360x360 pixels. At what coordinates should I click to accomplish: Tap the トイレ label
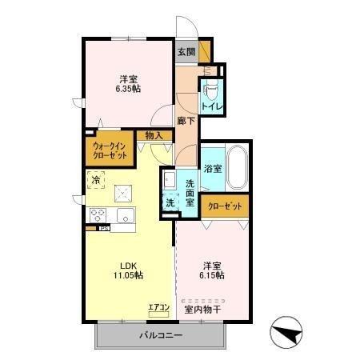pos(211,104)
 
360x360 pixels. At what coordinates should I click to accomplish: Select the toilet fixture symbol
pos(212,86)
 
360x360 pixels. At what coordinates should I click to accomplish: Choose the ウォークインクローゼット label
pos(108,150)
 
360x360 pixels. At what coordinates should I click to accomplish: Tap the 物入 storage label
pos(154,135)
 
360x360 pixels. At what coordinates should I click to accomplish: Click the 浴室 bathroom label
pos(212,170)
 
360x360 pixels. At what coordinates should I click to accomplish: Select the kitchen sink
pos(126,216)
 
